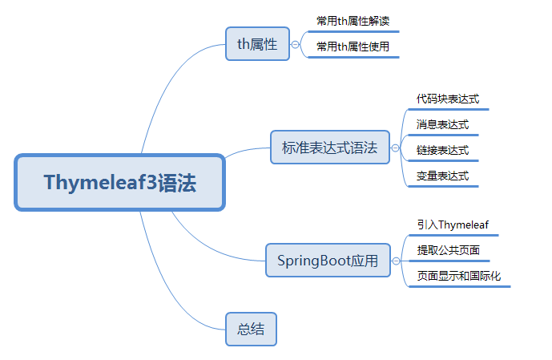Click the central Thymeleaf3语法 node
[120, 183]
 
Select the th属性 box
[257, 44]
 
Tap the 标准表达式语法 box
[329, 148]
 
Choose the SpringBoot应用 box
[328, 261]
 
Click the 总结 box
[252, 329]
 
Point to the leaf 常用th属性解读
[353, 21]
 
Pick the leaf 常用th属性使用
[353, 47]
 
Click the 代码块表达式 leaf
[447, 99]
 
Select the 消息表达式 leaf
[442, 125]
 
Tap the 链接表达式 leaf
[442, 150]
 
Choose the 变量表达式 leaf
[442, 176]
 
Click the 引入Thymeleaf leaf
[453, 224]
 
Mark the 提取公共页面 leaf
[448, 250]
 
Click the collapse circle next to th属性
[295, 45]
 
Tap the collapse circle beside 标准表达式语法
[395, 148]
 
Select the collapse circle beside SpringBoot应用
[395, 261]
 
